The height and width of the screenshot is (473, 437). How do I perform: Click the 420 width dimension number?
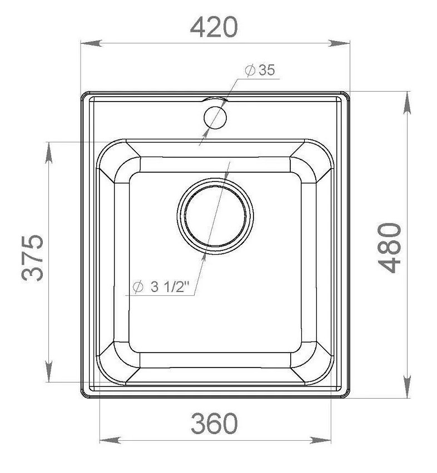point(214,27)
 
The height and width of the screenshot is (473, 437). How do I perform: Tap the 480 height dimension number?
point(390,248)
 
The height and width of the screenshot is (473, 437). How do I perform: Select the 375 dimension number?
point(33,258)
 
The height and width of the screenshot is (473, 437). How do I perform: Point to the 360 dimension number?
point(214,423)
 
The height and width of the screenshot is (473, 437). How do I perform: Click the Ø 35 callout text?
point(260,70)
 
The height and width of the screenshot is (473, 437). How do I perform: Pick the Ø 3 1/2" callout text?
point(161,286)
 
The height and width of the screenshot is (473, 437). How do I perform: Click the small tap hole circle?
point(215,117)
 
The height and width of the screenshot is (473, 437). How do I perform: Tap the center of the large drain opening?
point(215,216)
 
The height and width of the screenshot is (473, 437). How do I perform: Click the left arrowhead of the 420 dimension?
point(91,43)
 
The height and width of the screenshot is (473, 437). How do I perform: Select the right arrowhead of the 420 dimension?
point(339,43)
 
